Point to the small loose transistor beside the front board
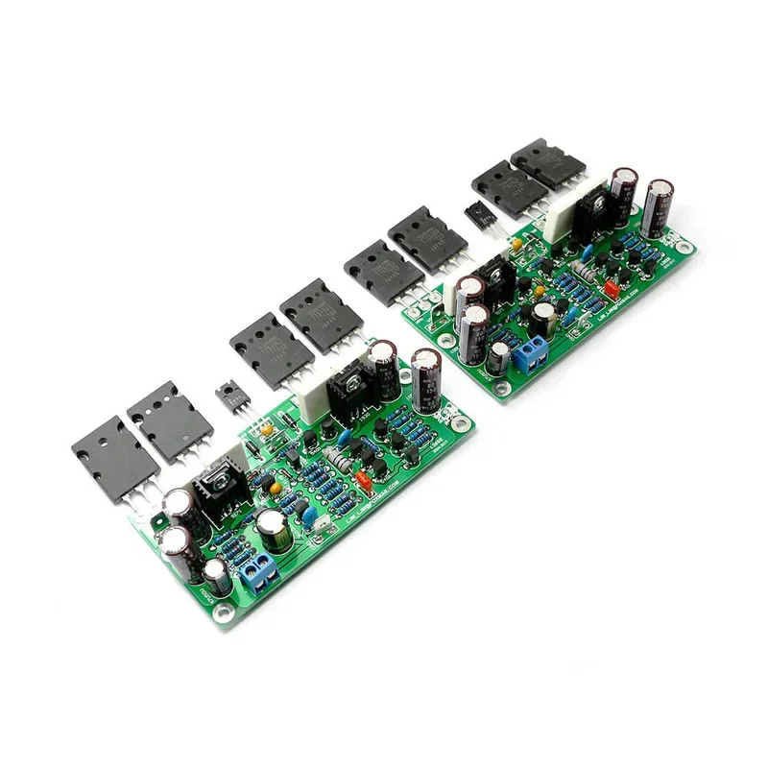coord(229,396)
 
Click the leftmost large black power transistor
coord(112,459)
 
